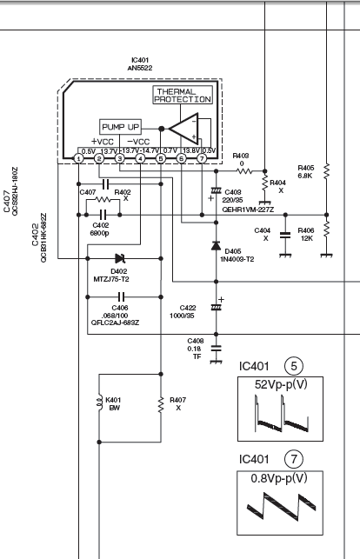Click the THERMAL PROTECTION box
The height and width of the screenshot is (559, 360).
(183, 95)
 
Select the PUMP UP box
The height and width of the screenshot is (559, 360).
(120, 127)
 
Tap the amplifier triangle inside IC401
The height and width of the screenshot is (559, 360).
(183, 129)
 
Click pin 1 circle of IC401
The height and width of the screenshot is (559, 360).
(78, 158)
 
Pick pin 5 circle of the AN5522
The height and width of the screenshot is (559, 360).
(161, 158)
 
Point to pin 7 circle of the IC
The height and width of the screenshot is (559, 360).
(202, 158)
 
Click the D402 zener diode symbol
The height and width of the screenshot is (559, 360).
(120, 258)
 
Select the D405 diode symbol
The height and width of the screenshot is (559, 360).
(216, 246)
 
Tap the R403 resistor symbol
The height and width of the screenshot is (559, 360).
(244, 171)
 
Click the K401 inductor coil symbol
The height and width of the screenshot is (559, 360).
(100, 404)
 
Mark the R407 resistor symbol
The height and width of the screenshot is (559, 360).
(161, 404)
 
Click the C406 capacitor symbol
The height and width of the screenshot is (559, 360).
(121, 296)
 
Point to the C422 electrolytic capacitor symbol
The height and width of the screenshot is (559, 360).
(216, 307)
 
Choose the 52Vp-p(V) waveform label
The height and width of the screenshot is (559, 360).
(281, 384)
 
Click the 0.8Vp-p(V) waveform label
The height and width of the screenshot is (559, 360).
(279, 478)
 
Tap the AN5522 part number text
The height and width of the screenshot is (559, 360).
(140, 68)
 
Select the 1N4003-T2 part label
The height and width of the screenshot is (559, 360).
(237, 259)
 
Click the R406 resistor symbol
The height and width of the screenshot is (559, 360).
(326, 230)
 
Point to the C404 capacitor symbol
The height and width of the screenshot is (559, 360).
(285, 235)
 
